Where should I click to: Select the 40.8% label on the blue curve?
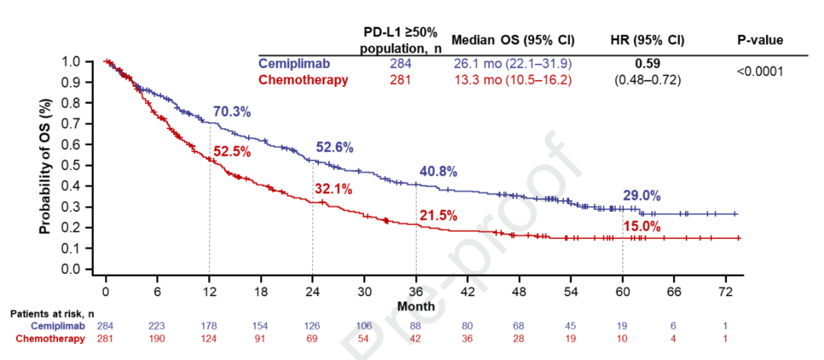[436, 172]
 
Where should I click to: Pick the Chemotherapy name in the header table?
[304, 80]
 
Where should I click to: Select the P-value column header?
[759, 40]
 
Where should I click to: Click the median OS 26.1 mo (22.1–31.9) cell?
[512, 63]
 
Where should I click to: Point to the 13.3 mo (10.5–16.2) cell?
[512, 80]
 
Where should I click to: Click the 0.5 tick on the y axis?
[92, 165]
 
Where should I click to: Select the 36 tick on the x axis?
[416, 291]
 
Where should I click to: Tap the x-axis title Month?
[416, 306]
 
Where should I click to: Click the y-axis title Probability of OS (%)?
[46, 166]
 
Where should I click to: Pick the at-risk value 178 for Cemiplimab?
[209, 326]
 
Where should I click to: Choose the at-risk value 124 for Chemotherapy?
[209, 339]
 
